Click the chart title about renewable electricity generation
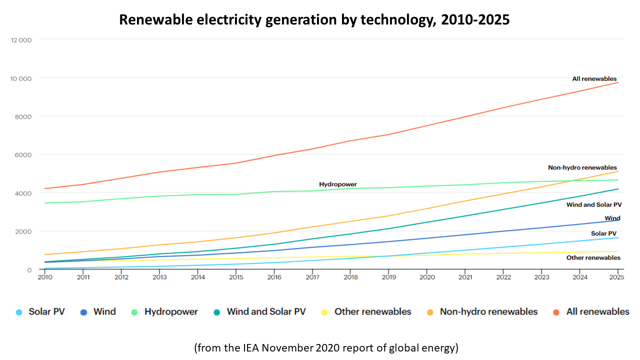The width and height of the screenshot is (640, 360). [314, 20]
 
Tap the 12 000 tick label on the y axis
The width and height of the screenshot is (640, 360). [21, 40]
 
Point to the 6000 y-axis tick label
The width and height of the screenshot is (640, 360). [23, 155]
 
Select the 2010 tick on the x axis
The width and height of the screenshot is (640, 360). [45, 276]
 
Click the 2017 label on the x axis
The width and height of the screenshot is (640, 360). [312, 276]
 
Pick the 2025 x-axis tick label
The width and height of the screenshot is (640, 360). [617, 276]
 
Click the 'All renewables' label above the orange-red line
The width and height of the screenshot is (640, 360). [594, 79]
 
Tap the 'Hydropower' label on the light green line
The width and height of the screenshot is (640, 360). [338, 184]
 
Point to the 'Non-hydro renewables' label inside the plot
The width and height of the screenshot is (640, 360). [582, 168]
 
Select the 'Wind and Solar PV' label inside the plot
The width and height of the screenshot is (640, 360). [593, 205]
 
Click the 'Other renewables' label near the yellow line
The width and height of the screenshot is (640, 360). [593, 258]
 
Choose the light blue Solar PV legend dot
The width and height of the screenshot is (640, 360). [19, 312]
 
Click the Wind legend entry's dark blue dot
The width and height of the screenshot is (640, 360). [84, 312]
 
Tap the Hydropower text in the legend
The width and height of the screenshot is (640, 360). [171, 312]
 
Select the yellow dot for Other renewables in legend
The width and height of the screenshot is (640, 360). [324, 312]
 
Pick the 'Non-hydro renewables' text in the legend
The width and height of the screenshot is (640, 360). [488, 312]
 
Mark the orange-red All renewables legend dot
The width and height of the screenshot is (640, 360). [556, 312]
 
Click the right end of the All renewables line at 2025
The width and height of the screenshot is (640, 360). [618, 82]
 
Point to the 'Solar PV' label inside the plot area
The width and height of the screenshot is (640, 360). [603, 234]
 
